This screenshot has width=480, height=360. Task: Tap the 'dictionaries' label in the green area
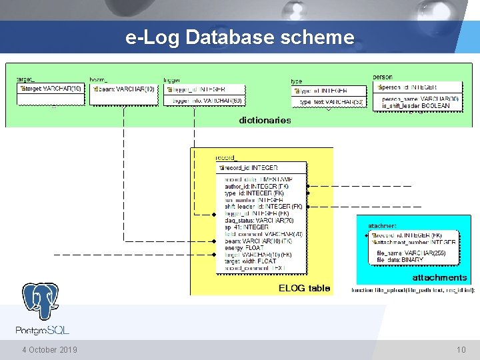[x=265, y=121]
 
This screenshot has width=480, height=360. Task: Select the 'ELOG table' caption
[x=304, y=288]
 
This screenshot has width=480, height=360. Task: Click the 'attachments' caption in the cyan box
[x=439, y=277]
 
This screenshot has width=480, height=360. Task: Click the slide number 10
[x=461, y=350]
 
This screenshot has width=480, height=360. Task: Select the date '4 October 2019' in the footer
[x=49, y=350]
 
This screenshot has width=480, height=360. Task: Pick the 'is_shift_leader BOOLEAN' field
[x=421, y=106]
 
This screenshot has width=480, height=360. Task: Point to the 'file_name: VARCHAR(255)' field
[x=416, y=253]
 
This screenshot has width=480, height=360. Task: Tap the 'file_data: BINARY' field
[x=401, y=259]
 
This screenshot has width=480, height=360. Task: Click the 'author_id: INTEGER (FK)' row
[x=256, y=187]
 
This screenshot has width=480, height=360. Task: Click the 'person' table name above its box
[x=383, y=77]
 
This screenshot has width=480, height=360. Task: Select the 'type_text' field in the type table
[x=331, y=102]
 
